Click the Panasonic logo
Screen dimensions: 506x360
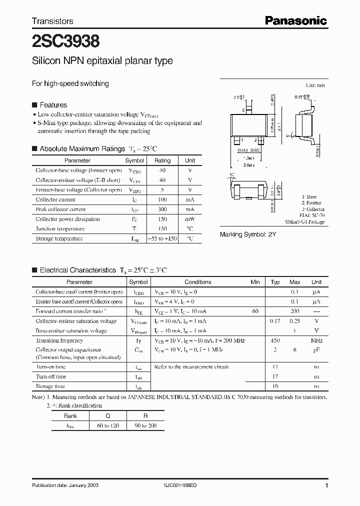click(x=295, y=20)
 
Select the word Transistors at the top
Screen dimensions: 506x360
click(x=52, y=21)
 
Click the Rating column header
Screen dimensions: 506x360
click(x=162, y=160)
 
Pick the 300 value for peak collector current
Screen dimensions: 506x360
click(x=162, y=209)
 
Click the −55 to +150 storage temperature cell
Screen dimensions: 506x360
click(x=162, y=238)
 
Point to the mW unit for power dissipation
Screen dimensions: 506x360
click(x=190, y=219)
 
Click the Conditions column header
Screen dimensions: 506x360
click(x=198, y=282)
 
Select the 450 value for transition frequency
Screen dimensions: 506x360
click(x=275, y=340)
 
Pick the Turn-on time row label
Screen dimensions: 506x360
click(x=50, y=367)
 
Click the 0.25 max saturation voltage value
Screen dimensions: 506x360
click(x=295, y=321)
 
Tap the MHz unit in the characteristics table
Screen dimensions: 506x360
click(x=316, y=340)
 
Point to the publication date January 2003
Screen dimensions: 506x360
click(x=62, y=485)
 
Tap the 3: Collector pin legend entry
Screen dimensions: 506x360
click(x=313, y=209)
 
